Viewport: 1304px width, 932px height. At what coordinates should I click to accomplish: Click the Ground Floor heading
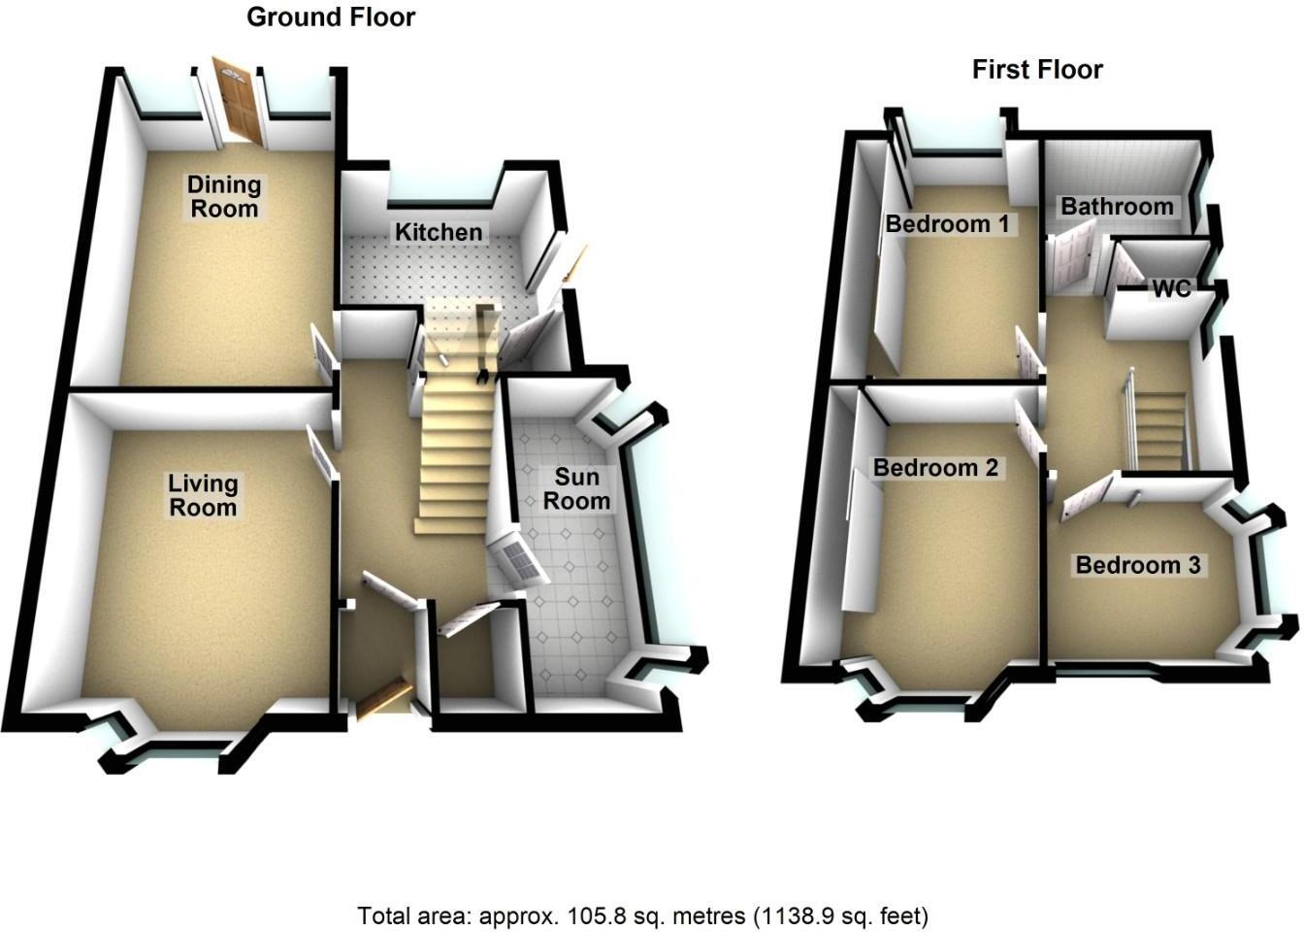click(x=331, y=17)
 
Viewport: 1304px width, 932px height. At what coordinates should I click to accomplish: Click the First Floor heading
click(x=1037, y=70)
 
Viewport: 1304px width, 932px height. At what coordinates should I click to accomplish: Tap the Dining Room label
click(x=224, y=196)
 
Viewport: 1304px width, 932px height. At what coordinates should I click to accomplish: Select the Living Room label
click(x=203, y=495)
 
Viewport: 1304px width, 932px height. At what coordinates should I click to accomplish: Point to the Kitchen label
click(x=438, y=232)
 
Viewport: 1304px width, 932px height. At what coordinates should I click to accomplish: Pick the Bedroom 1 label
click(x=948, y=224)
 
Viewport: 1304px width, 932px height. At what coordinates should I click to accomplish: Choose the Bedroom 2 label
click(x=935, y=468)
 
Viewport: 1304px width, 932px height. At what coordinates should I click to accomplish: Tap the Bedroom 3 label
click(x=1138, y=565)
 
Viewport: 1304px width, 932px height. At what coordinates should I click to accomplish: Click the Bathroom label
click(x=1117, y=206)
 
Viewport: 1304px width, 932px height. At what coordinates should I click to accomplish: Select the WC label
click(x=1170, y=289)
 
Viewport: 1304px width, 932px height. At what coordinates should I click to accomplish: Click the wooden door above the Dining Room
click(x=238, y=100)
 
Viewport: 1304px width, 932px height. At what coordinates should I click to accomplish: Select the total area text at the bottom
click(x=643, y=915)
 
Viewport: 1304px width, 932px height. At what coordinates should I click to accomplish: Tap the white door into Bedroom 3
click(x=1092, y=496)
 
